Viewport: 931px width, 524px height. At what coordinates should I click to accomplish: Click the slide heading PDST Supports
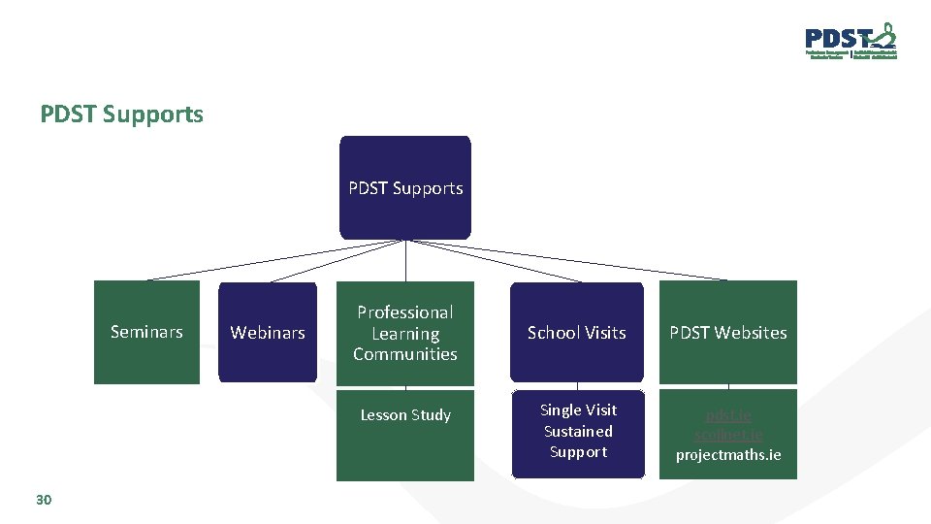click(122, 115)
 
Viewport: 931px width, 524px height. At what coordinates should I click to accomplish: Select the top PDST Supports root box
click(405, 187)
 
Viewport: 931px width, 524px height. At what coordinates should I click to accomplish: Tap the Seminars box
click(146, 332)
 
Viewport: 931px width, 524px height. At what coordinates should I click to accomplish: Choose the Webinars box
click(268, 333)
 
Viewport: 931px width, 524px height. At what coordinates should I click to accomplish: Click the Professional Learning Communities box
click(405, 333)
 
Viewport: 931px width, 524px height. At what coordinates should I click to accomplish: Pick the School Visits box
click(577, 333)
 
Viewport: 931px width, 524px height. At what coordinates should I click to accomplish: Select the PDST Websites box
click(728, 333)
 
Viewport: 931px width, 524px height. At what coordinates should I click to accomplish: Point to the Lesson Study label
click(405, 415)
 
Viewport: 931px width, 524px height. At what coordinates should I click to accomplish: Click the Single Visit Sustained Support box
click(578, 431)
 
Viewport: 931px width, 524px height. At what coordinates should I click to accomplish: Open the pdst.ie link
click(728, 415)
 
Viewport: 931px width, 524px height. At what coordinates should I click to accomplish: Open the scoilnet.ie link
click(728, 435)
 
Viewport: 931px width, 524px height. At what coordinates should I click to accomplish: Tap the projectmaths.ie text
click(728, 455)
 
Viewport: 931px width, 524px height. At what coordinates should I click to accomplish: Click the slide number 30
click(43, 500)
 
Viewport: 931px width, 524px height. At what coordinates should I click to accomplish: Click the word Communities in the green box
click(405, 354)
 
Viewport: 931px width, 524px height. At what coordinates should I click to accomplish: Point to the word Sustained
click(578, 431)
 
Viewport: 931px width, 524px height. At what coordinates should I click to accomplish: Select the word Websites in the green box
click(752, 333)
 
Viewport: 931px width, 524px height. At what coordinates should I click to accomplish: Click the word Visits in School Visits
click(603, 333)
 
